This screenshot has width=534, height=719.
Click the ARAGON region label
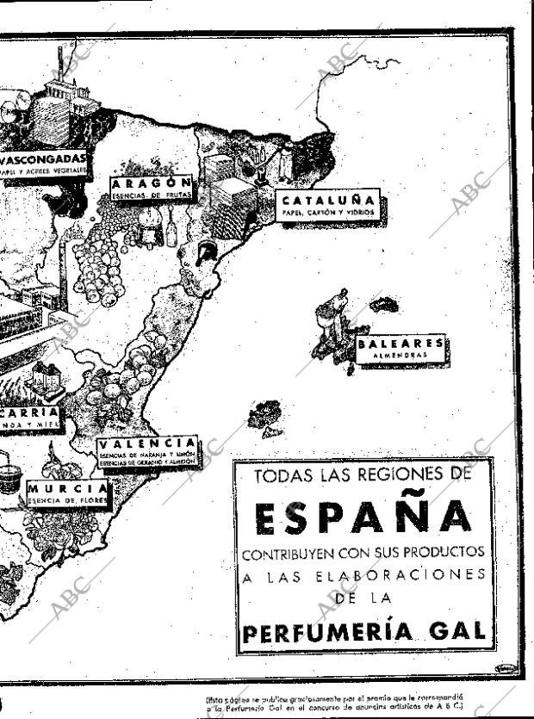152,183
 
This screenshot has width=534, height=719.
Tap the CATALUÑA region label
329,201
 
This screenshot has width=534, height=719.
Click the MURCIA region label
68,487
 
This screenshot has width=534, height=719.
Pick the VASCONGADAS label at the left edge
43,159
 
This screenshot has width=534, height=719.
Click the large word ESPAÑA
363,516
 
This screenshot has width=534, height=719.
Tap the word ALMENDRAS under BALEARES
401,354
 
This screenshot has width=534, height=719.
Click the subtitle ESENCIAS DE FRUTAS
152,195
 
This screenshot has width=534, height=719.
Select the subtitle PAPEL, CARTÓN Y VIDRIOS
329,212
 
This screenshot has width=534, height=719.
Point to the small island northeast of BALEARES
384,304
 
